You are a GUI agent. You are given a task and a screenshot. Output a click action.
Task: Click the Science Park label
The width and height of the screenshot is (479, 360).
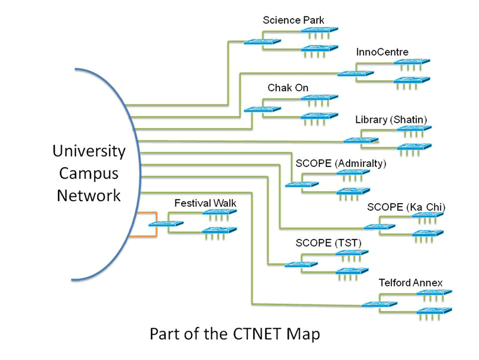click(x=293, y=20)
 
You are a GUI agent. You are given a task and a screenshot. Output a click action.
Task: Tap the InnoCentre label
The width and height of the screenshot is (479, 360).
click(x=382, y=52)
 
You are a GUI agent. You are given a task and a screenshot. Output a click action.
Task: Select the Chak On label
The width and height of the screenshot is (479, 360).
click(x=288, y=88)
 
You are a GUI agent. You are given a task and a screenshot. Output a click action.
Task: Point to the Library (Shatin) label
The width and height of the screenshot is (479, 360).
click(x=391, y=120)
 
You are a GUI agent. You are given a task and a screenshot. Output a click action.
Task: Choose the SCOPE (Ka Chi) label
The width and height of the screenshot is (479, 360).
click(x=407, y=207)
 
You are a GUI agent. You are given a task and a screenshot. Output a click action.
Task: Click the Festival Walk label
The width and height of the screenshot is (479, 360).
click(x=205, y=203)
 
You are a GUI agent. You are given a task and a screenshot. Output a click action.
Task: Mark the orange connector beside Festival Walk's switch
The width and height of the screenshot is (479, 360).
click(x=147, y=224)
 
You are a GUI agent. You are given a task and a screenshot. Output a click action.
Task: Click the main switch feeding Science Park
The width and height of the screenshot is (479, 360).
click(x=262, y=41)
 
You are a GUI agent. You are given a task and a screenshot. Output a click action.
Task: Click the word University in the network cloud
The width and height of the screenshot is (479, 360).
click(x=89, y=152)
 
